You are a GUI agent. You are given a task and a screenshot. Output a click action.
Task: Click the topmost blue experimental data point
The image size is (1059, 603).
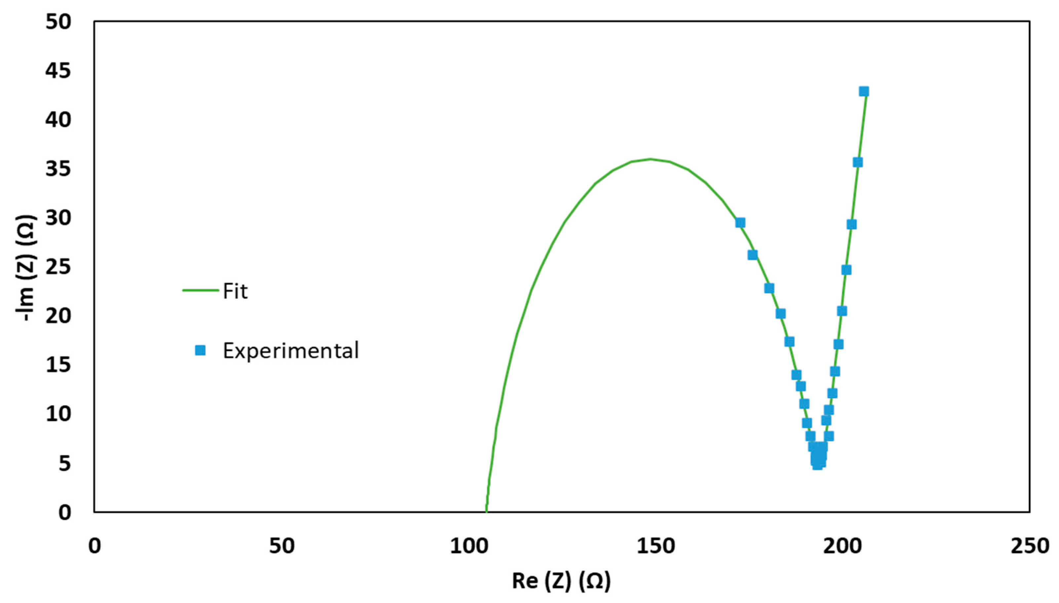coord(864,91)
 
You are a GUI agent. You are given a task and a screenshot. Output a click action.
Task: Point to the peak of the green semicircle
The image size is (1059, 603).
coord(650,159)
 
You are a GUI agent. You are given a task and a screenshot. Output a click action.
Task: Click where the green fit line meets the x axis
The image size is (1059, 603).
coord(486,512)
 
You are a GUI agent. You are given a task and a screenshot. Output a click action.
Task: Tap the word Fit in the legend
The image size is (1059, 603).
coord(235,292)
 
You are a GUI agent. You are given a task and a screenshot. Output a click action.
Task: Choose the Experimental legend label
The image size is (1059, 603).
coord(291,351)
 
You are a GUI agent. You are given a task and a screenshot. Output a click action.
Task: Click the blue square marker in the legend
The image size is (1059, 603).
coord(200,351)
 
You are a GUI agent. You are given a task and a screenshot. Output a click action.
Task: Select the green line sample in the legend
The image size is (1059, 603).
coord(201,291)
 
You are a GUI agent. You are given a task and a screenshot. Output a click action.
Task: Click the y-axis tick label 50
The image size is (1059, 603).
coord(59,21)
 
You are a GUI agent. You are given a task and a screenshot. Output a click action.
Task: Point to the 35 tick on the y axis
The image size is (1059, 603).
coord(59,169)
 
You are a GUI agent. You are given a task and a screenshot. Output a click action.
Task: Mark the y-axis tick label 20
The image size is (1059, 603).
coord(59,316)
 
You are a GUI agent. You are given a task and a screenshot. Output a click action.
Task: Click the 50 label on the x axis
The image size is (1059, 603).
coord(281,546)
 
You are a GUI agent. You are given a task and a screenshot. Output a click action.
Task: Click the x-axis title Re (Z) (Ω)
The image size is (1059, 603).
coord(561,581)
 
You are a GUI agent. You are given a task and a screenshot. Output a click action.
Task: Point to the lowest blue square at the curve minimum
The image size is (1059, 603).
coord(817,465)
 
